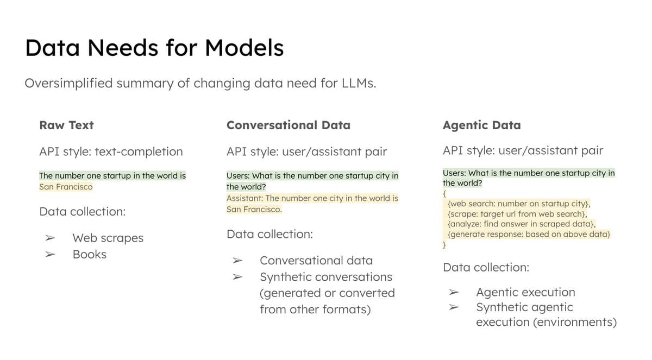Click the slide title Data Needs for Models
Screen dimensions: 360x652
154,48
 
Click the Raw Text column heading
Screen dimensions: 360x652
66,125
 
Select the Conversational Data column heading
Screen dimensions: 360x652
288,125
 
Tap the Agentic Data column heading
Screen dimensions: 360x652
481,125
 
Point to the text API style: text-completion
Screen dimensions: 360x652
111,151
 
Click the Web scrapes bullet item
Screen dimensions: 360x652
108,238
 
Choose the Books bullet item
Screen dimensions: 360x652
90,254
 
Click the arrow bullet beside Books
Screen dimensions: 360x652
50,254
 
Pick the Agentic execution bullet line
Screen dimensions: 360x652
525,292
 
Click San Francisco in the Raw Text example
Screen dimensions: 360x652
66,187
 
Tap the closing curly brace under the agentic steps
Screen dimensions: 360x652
444,245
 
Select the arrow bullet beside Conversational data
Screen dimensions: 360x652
237,261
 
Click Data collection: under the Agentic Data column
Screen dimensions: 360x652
486,267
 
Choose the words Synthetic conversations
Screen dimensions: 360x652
325,277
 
